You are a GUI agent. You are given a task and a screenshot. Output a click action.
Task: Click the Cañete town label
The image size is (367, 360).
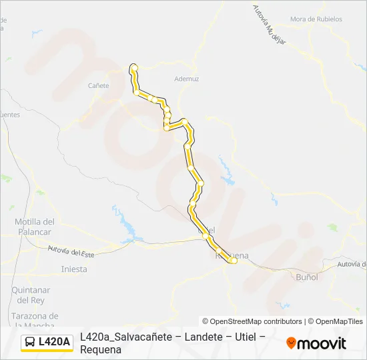point(99,85)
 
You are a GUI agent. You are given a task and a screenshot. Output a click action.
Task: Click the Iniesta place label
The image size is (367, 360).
point(73,269)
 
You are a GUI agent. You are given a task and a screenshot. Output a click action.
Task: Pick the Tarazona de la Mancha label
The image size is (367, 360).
point(35,320)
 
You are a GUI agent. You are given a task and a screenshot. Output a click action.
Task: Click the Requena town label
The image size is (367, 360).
point(233,255)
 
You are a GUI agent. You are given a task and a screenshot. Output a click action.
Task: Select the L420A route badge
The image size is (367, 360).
point(47,342)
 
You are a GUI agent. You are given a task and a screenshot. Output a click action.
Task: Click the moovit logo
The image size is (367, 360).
point(316,343)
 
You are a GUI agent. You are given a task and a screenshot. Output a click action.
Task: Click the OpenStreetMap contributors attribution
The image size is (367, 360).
point(252,321)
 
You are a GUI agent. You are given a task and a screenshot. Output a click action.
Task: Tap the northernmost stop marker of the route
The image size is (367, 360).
point(134,67)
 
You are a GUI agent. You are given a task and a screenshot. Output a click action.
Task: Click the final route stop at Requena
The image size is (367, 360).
point(234,261)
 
